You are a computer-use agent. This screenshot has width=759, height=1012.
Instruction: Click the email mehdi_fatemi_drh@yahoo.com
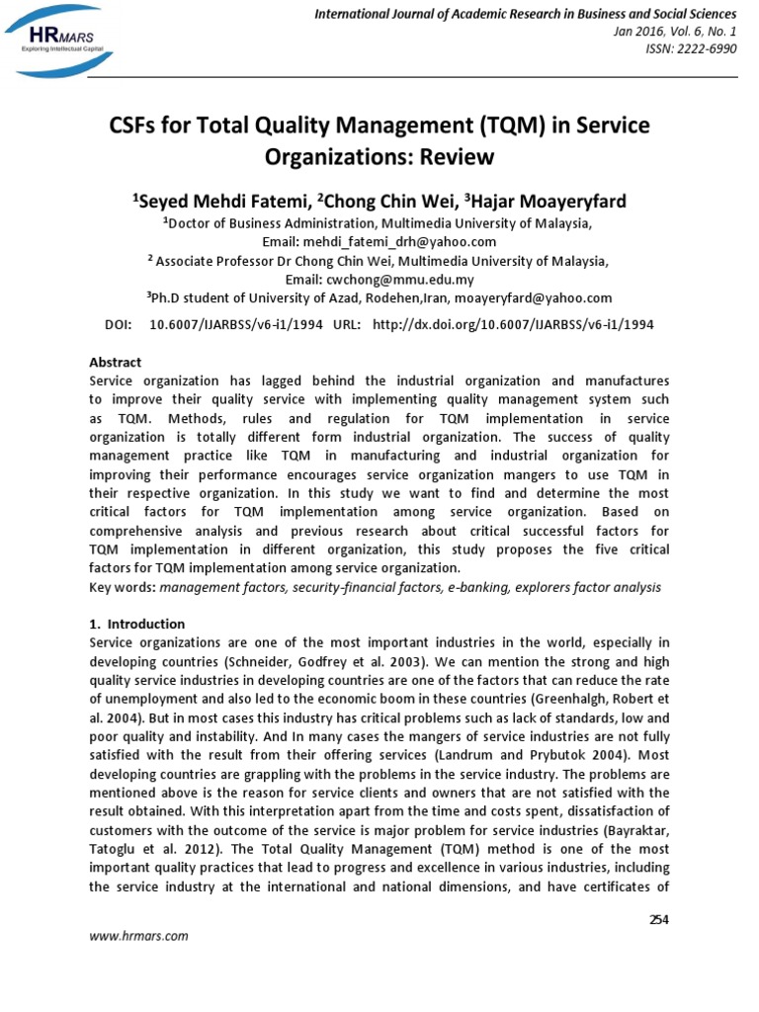pos(405,241)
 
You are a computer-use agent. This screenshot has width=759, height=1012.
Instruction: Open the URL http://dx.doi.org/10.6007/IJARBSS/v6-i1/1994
pos(512,324)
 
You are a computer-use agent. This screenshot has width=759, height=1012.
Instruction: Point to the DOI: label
pos(119,324)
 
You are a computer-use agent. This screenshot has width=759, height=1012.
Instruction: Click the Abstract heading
pos(115,363)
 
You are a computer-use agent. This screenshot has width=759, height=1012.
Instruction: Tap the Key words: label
pos(123,586)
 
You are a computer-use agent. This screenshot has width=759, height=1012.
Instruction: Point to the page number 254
pos(658,920)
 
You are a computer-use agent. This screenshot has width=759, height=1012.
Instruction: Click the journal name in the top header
pos(525,14)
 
